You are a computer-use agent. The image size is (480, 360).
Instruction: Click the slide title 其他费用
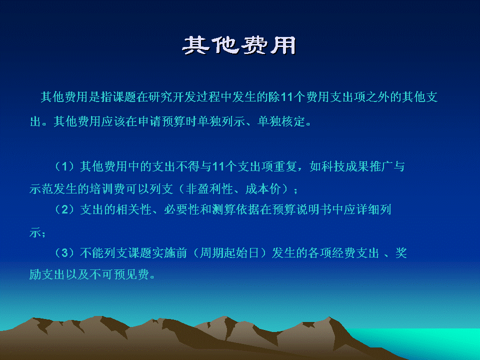[239, 45]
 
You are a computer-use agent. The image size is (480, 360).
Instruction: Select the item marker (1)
[64, 166]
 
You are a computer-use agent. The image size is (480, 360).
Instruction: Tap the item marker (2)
[64, 209]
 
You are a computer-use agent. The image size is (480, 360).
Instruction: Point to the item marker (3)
[64, 253]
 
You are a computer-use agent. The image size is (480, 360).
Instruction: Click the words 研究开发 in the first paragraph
[172, 97]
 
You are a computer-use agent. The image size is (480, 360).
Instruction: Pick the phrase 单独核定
[281, 121]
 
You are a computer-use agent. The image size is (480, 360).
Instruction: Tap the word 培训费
[107, 189]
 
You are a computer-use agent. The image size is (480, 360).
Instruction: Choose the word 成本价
[263, 189]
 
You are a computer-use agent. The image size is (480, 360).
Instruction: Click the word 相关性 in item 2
[134, 209]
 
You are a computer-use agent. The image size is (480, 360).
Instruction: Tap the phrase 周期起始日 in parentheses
[229, 253]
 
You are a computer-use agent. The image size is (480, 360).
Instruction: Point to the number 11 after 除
[286, 97]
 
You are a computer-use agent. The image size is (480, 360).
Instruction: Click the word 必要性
[181, 209]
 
